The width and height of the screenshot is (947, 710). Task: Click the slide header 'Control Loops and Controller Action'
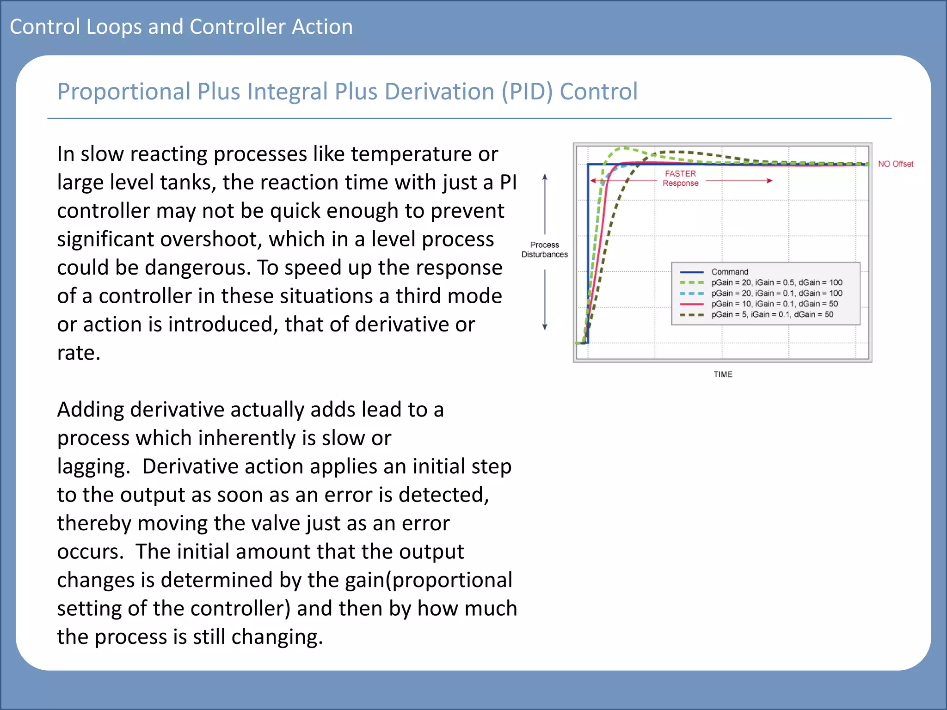coord(181,27)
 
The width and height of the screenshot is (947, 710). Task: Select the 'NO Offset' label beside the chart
coord(895,164)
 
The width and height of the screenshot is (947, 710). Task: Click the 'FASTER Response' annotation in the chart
coord(680,178)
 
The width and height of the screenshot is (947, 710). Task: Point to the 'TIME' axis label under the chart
coord(722,374)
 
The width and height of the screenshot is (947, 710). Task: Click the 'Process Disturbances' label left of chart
coord(544,250)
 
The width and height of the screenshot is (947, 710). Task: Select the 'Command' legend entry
coord(729,272)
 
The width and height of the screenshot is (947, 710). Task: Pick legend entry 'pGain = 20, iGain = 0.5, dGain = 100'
coord(776,282)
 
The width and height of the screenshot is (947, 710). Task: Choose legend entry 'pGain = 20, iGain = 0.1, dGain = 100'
coord(776,293)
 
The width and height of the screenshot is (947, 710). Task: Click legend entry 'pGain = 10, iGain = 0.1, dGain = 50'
coord(774,304)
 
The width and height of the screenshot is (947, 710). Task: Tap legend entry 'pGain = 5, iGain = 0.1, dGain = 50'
coord(772,314)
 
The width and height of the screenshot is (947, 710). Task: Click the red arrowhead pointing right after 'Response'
coord(769,181)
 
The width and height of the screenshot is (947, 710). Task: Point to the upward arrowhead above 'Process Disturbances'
coord(545,177)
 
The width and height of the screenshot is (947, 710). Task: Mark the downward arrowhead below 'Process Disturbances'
coord(545,327)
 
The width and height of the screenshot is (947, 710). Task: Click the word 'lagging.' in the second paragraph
coord(94,467)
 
